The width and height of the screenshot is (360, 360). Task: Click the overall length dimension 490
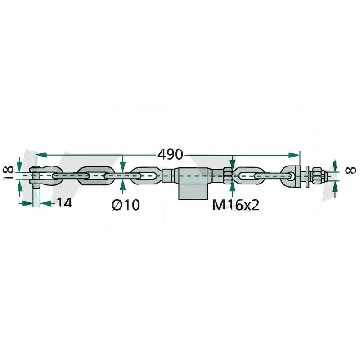pyautogui.click(x=170, y=155)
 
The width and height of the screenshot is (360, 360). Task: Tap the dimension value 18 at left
pyautogui.click(x=7, y=173)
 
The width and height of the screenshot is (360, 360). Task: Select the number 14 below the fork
pyautogui.click(x=64, y=203)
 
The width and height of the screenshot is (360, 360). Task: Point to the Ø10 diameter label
pyautogui.click(x=126, y=205)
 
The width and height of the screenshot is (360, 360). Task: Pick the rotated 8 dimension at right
pyautogui.click(x=351, y=170)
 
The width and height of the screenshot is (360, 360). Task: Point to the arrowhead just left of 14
pyautogui.click(x=44, y=203)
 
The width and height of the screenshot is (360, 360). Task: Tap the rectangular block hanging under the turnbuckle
pyautogui.click(x=193, y=191)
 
